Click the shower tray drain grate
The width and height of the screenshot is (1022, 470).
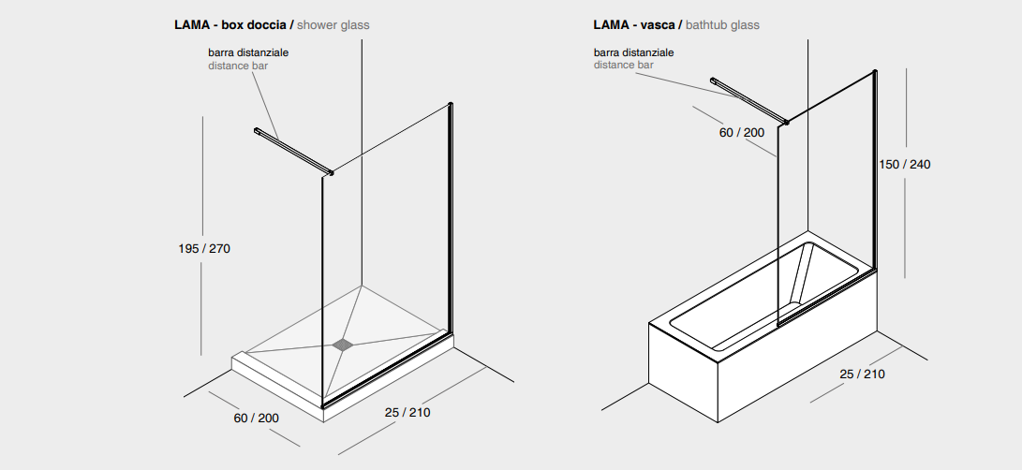343,345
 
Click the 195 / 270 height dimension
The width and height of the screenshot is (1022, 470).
204,248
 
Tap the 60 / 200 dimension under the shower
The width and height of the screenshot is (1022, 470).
256,418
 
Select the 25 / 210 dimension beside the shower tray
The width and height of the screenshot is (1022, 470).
407,412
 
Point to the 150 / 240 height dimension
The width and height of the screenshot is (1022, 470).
905,164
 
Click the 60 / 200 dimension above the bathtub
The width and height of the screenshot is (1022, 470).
742,132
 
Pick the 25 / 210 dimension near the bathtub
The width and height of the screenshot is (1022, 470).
863,375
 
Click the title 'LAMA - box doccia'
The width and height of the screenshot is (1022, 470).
230,25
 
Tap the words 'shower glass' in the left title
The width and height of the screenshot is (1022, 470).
333,25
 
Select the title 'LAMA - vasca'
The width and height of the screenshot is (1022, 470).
633,25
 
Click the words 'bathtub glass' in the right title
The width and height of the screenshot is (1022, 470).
722,25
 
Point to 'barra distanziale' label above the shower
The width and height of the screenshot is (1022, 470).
248,52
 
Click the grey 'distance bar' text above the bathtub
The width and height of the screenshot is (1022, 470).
623,66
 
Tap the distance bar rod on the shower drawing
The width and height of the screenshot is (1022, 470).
293,152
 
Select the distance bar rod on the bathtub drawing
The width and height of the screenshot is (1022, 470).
748,100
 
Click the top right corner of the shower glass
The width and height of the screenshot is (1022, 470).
451,104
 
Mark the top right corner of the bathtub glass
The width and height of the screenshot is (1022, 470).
875,71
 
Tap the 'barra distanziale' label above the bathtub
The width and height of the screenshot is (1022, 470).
633,52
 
